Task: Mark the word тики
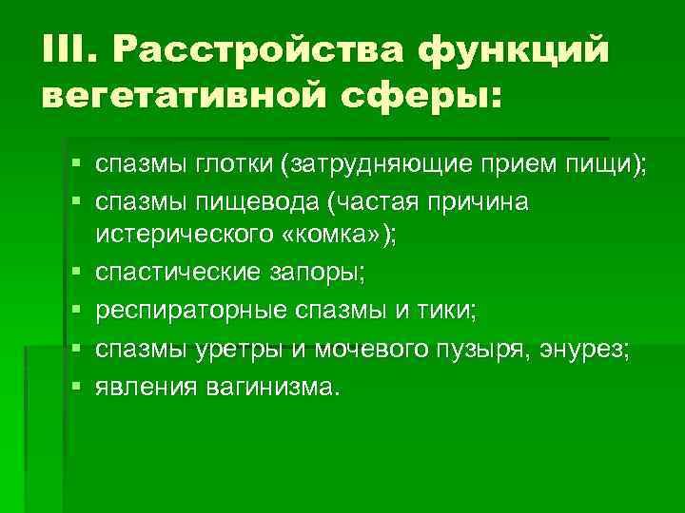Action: point(458,311)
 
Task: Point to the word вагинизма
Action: point(269,387)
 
